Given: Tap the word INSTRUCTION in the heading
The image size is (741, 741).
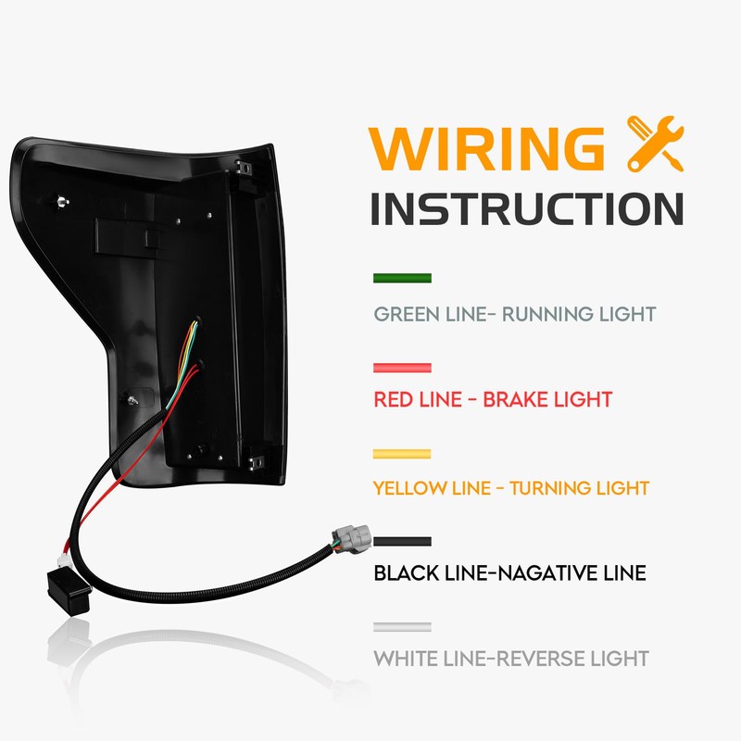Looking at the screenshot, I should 527,210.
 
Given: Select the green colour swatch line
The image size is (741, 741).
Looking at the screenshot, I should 402,278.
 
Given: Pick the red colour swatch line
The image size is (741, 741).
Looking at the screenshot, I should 402,368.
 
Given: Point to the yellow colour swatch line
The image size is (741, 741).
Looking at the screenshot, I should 402,454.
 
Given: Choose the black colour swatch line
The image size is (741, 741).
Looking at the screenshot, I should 402,540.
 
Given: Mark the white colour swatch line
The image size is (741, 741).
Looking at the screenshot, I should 402,627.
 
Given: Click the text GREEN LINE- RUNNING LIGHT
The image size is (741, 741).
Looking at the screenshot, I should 514,314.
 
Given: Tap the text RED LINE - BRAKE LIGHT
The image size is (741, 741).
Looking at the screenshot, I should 493,400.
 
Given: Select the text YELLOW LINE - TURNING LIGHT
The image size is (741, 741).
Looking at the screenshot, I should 510,487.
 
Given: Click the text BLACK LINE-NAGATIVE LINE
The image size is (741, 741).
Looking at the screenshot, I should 509,573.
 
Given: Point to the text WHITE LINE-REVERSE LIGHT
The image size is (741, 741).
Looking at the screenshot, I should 510,659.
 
